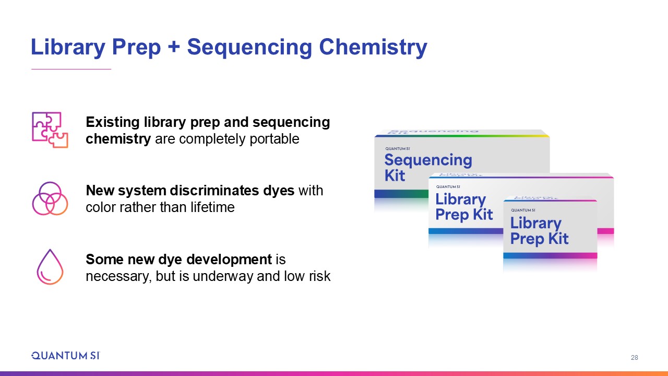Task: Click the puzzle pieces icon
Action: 50,130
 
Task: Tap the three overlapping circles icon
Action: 50,198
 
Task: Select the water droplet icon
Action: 50,267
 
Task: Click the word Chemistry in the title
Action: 373,47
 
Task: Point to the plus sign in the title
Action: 174,48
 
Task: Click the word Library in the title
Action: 68,47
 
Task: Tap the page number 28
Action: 634,358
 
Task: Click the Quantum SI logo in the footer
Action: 66,356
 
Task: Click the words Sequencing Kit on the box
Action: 428,168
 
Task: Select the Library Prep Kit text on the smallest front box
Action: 539,231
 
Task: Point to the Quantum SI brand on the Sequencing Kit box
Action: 398,149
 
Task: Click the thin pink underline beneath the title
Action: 71,69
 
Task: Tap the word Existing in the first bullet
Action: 113,122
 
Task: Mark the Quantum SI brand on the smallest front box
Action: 523,210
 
